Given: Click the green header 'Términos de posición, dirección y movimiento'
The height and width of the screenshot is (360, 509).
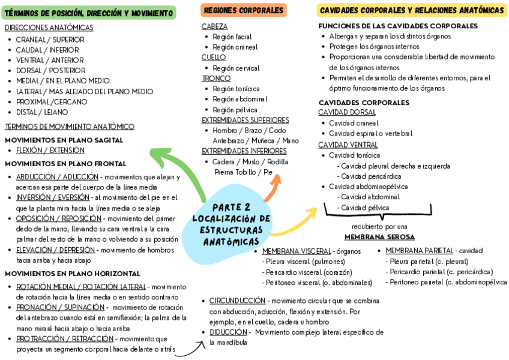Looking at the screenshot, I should (x=88, y=13).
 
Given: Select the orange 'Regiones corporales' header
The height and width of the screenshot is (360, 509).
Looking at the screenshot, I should (x=243, y=10).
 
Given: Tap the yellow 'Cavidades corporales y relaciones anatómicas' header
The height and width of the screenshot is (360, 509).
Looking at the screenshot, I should (x=412, y=10).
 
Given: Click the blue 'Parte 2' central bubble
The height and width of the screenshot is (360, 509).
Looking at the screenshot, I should (x=231, y=224).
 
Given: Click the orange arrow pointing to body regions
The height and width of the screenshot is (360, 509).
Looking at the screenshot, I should (x=273, y=186).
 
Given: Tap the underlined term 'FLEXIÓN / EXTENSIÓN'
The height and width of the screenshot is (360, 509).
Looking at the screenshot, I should (x=50, y=150).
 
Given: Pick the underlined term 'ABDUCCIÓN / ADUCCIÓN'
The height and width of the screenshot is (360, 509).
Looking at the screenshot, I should (x=57, y=177).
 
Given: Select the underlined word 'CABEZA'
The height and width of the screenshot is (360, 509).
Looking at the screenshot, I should (x=214, y=26).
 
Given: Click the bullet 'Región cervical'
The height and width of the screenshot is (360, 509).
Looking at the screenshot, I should (x=236, y=68).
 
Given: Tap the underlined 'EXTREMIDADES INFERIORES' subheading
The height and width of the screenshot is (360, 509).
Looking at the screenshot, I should (x=244, y=151).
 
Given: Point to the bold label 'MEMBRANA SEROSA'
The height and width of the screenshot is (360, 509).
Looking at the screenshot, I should (x=379, y=237).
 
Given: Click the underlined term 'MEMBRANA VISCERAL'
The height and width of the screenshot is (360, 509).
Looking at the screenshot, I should (x=297, y=251).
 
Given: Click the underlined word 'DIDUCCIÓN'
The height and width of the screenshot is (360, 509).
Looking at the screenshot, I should (x=228, y=332).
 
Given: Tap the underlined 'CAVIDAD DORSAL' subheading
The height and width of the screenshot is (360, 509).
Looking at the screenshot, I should (x=347, y=112).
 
